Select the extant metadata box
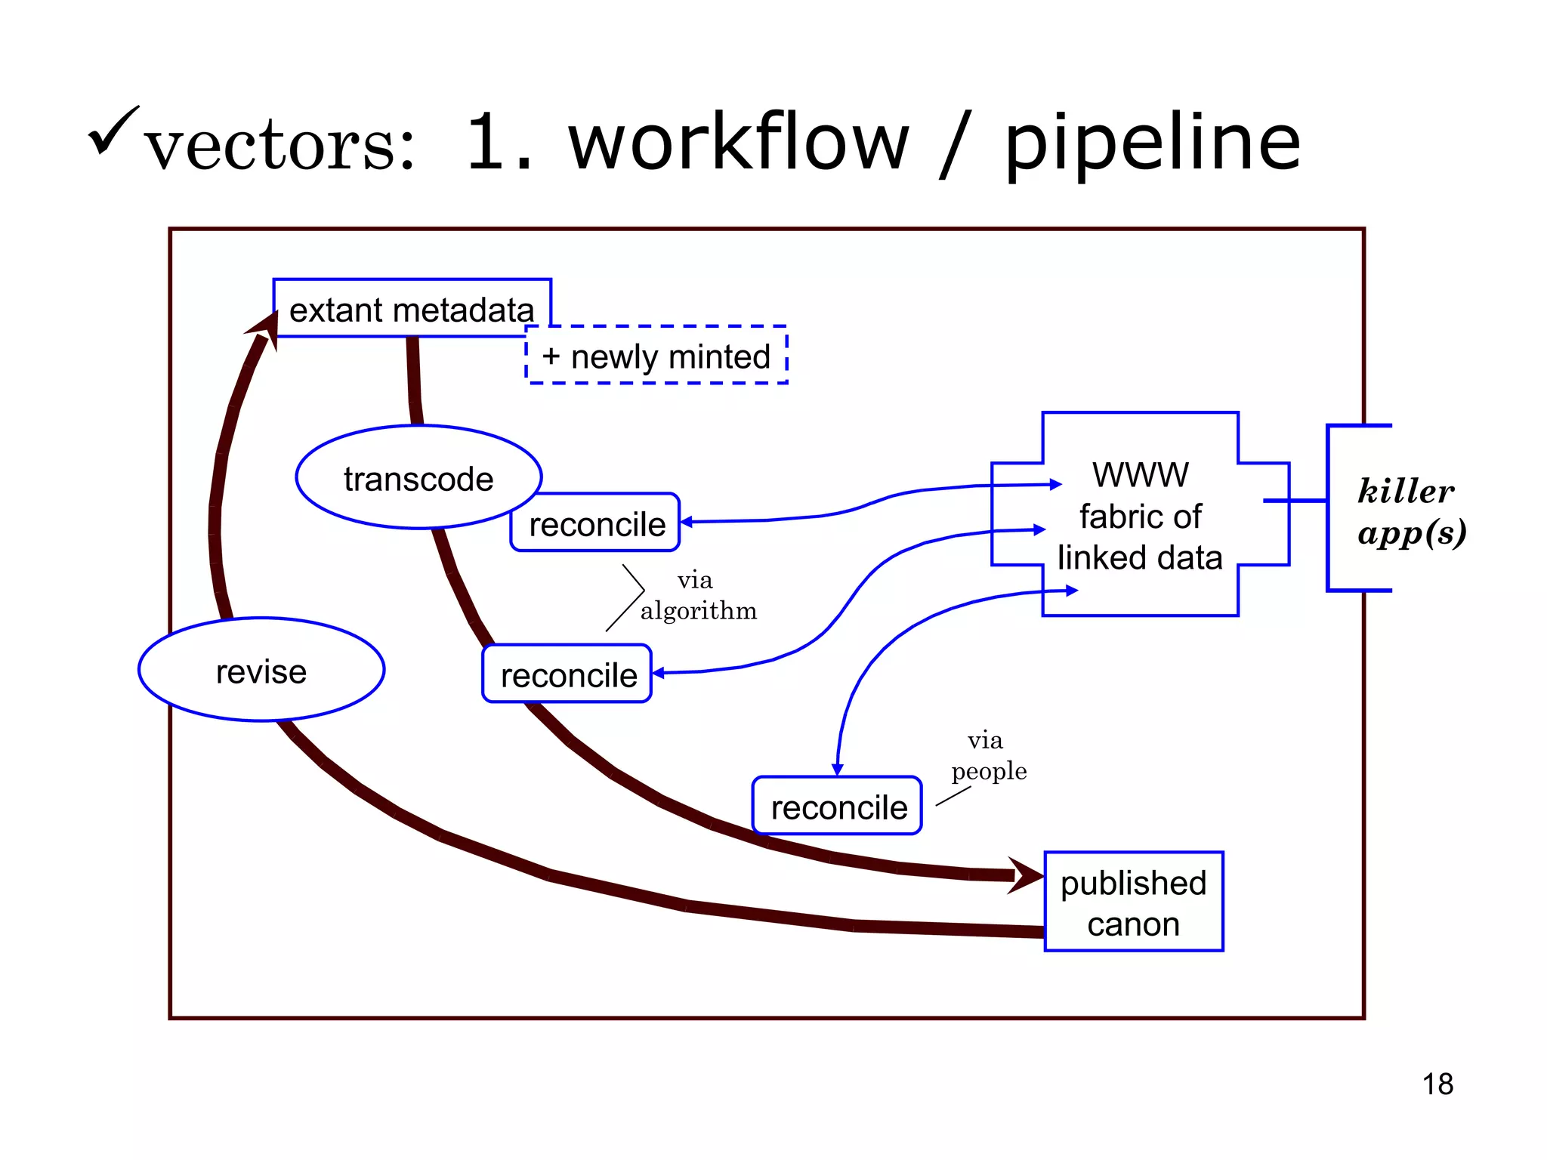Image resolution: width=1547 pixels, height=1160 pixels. coord(412,309)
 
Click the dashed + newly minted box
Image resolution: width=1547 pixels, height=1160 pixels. coord(656,356)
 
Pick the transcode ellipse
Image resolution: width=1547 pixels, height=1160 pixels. coord(418,478)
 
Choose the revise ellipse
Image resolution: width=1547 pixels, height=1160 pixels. coord(261,671)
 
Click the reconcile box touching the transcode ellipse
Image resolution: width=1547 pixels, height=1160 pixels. coord(596,523)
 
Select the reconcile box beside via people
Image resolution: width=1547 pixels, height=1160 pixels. coord(838,807)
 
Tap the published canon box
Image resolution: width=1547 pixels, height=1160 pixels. coord(1133,902)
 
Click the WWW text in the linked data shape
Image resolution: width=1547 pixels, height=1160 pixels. coord(1140,475)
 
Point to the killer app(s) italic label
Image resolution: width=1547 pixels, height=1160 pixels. coord(1411,511)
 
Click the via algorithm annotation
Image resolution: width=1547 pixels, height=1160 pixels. coord(697,596)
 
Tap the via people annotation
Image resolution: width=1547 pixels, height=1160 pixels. coord(987,756)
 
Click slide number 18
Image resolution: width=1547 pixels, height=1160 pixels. coord(1437,1084)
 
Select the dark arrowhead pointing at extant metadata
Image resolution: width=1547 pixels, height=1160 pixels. coord(264,329)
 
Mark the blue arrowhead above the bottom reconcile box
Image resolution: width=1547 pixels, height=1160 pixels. coord(837,769)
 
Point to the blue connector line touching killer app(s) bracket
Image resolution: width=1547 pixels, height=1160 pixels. coord(1295,500)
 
